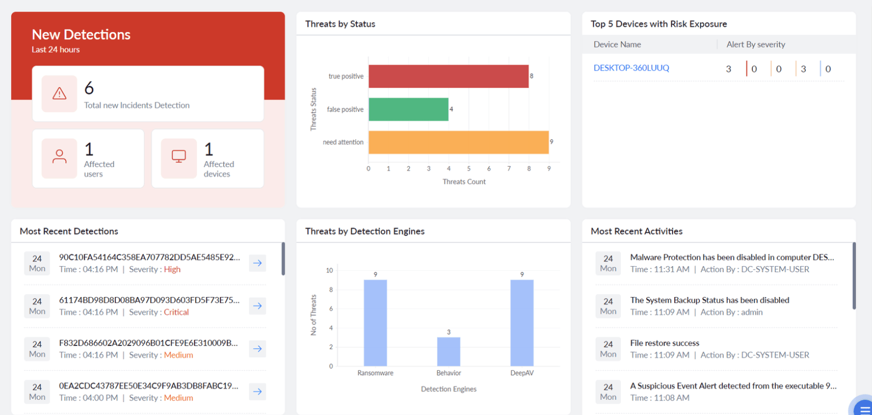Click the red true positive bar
[x=448, y=77]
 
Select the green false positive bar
[x=409, y=109]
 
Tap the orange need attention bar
[x=459, y=142]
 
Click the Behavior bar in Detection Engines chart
[x=448, y=351]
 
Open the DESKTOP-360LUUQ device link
[x=631, y=68]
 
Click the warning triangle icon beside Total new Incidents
[x=59, y=94]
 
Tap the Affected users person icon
[x=59, y=157]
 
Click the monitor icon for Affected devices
[x=179, y=157]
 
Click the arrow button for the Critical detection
[x=258, y=306]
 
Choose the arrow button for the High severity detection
[x=258, y=263]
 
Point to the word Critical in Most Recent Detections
[x=176, y=313]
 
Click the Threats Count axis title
[x=464, y=182]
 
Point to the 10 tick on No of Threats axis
[x=329, y=271]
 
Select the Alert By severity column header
[x=756, y=45]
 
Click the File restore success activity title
[x=665, y=343]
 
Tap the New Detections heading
[x=81, y=34]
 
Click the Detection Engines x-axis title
[x=448, y=389]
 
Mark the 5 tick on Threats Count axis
[x=469, y=169]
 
